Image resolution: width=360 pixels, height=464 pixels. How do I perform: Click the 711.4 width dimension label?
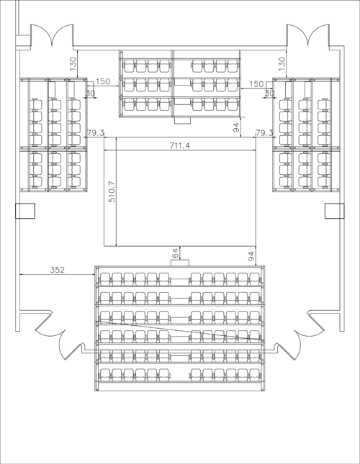point(179,145)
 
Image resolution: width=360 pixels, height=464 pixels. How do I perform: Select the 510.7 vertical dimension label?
point(112,191)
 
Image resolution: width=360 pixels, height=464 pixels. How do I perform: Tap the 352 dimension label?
point(57,270)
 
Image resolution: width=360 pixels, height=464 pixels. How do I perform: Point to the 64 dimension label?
point(175,254)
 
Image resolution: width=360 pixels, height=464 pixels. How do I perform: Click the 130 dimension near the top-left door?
point(73,63)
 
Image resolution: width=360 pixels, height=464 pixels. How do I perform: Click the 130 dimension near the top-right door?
point(282,63)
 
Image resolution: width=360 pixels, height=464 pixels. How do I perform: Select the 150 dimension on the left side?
point(103,81)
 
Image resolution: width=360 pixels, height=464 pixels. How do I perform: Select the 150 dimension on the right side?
point(256,83)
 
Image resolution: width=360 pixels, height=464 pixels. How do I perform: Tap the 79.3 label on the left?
point(95,132)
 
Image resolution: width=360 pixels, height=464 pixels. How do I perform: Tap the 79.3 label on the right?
point(264,132)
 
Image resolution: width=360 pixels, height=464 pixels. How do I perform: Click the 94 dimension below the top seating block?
point(236,127)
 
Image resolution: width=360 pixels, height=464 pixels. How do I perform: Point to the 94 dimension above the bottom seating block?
point(251,256)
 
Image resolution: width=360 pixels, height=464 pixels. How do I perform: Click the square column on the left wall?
point(25,211)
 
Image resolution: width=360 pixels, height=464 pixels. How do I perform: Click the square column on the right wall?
point(335,211)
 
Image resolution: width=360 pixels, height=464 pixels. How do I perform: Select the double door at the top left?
point(52,36)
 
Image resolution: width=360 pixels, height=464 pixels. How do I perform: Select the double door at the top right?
point(308,36)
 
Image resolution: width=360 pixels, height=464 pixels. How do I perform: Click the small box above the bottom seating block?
point(180,263)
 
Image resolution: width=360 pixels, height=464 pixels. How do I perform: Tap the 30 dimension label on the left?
point(91,94)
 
